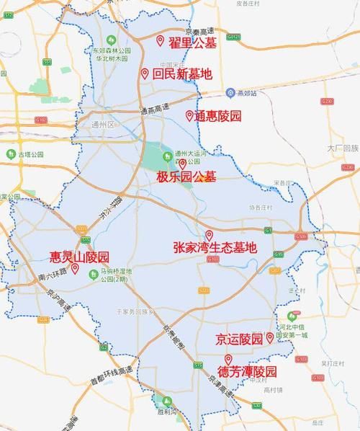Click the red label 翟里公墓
[192, 43]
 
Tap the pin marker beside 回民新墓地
[145, 74]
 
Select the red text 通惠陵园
[217, 116]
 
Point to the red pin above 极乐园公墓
[182, 164]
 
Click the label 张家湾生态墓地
[215, 247]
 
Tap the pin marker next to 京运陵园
[270, 337]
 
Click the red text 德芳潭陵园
[248, 372]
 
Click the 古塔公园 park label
[30, 154]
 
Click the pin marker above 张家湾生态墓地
[210, 235]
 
